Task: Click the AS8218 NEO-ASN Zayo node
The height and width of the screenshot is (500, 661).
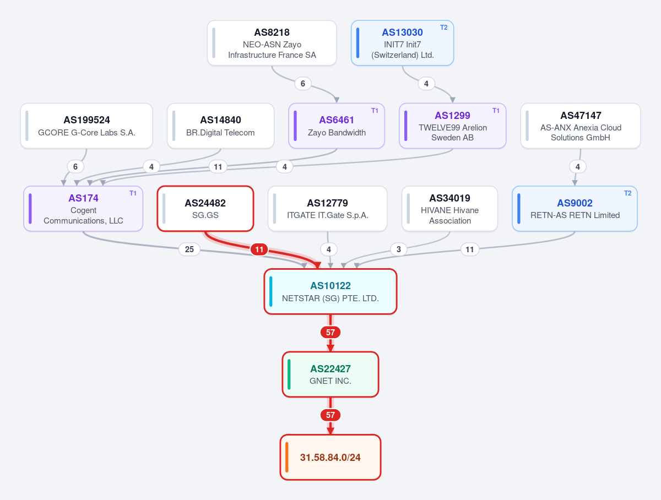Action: [x=272, y=43]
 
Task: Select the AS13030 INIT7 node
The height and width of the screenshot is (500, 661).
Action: [x=402, y=43]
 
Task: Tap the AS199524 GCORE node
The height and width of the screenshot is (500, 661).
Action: [x=86, y=126]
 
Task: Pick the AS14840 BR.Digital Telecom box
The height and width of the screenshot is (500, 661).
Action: [x=220, y=126]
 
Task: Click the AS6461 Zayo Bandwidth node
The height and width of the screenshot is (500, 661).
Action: [x=337, y=126]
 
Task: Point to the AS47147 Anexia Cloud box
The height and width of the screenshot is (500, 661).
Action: [x=580, y=126]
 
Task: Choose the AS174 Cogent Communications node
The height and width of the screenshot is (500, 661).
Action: [x=83, y=209]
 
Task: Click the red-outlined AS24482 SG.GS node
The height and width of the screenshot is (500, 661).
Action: [x=205, y=209]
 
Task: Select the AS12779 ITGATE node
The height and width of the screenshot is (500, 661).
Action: [x=327, y=209]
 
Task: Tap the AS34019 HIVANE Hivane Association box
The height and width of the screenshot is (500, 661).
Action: [x=449, y=209]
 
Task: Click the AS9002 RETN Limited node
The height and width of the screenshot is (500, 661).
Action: [x=575, y=209]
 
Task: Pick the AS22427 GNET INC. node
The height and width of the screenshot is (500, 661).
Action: [x=330, y=374]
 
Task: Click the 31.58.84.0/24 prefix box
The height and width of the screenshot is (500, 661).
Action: [x=330, y=457]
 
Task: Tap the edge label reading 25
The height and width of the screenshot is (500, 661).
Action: [x=189, y=249]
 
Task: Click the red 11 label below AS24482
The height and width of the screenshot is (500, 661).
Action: [x=259, y=249]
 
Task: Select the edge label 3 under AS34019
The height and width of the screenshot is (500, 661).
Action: [x=399, y=249]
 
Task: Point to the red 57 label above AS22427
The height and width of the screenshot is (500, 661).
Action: [x=330, y=333]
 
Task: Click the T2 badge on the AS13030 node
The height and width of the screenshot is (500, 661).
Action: [x=443, y=28]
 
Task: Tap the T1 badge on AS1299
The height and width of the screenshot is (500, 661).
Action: [x=496, y=111]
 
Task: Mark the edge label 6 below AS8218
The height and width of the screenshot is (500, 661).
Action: [x=303, y=83]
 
